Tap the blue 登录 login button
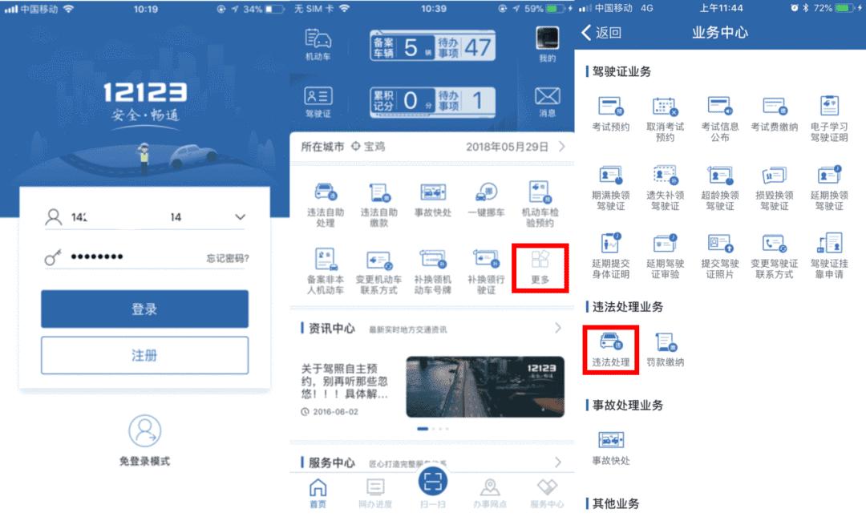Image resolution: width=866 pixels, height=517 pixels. click(x=144, y=309)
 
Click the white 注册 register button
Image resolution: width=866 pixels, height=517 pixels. click(x=144, y=355)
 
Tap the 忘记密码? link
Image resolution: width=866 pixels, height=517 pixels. click(x=227, y=258)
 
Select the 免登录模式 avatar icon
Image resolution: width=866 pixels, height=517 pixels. click(x=144, y=431)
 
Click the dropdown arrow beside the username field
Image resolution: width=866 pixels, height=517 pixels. click(x=240, y=217)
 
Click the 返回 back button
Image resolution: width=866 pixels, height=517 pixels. click(x=601, y=33)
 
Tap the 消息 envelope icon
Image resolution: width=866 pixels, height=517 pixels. click(x=547, y=100)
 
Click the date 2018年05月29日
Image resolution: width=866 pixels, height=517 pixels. click(x=507, y=147)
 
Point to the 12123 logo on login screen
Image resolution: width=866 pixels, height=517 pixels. click(x=144, y=92)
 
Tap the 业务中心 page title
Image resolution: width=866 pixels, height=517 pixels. click(x=719, y=33)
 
